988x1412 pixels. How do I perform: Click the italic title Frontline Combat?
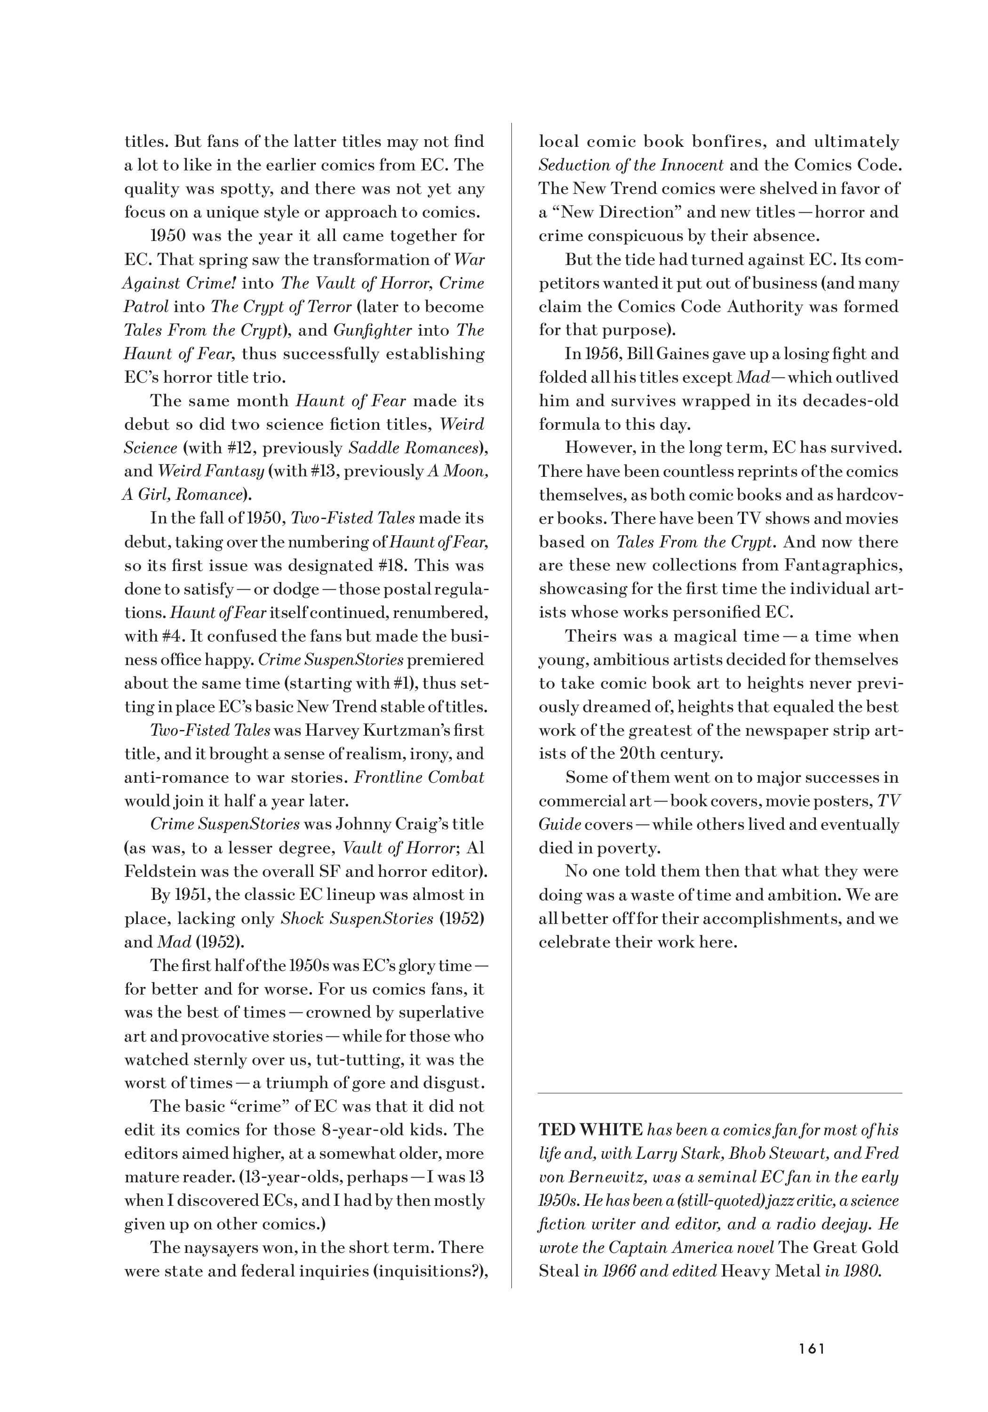(419, 778)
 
